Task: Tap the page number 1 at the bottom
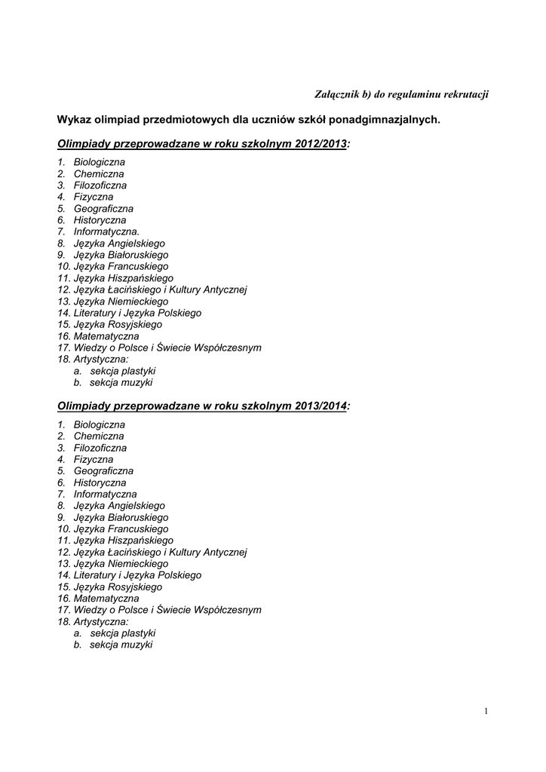487,710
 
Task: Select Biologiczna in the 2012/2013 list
100,162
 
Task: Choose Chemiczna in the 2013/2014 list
99,436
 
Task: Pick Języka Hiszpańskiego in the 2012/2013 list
123,278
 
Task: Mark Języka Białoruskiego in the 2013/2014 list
121,517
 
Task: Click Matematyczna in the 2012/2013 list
106,336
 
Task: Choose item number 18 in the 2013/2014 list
63,622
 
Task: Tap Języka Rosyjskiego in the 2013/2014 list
118,587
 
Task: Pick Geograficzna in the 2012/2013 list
103,209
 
